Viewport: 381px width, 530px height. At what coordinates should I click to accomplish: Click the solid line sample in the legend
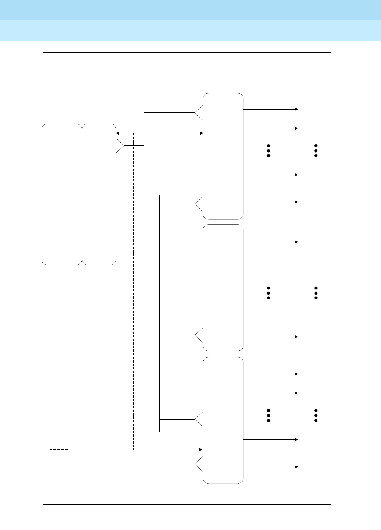(59, 441)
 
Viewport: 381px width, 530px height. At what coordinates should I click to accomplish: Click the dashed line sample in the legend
(59, 450)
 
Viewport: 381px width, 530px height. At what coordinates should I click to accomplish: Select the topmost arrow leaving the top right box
(271, 109)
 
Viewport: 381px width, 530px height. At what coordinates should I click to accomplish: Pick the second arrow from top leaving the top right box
(271, 128)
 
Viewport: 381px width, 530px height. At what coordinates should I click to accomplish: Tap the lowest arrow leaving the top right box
(271, 202)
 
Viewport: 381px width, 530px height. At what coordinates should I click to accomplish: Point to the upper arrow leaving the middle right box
(271, 242)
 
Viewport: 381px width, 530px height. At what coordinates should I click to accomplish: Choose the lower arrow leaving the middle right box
(271, 337)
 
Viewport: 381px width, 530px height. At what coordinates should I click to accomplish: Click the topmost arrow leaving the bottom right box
(271, 374)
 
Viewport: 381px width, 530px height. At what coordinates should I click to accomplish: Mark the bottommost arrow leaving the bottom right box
(271, 467)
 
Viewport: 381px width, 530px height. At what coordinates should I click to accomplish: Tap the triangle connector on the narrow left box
(119, 146)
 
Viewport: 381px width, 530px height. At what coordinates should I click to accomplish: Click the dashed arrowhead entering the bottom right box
(200, 450)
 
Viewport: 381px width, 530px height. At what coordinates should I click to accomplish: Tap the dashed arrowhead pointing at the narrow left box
(118, 133)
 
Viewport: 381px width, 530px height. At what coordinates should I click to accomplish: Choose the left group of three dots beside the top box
(269, 151)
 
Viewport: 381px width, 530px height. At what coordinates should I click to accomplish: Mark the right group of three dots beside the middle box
(316, 293)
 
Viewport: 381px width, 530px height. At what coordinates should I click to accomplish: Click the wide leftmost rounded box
(62, 194)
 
